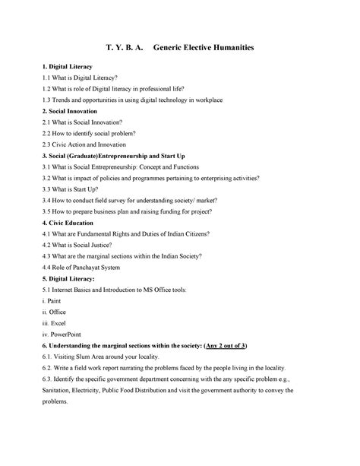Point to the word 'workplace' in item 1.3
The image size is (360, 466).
220,100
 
